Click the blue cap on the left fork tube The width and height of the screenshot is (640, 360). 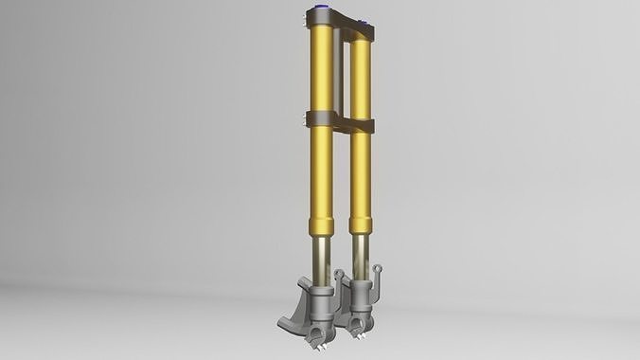click(x=318, y=12)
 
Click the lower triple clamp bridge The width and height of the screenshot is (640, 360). click(x=342, y=123)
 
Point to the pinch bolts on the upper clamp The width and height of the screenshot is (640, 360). click(x=306, y=16)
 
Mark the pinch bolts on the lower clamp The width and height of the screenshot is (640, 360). click(x=306, y=118)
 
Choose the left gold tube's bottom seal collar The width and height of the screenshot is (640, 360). click(x=319, y=227)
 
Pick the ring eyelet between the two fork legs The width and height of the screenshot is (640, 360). click(x=339, y=274)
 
